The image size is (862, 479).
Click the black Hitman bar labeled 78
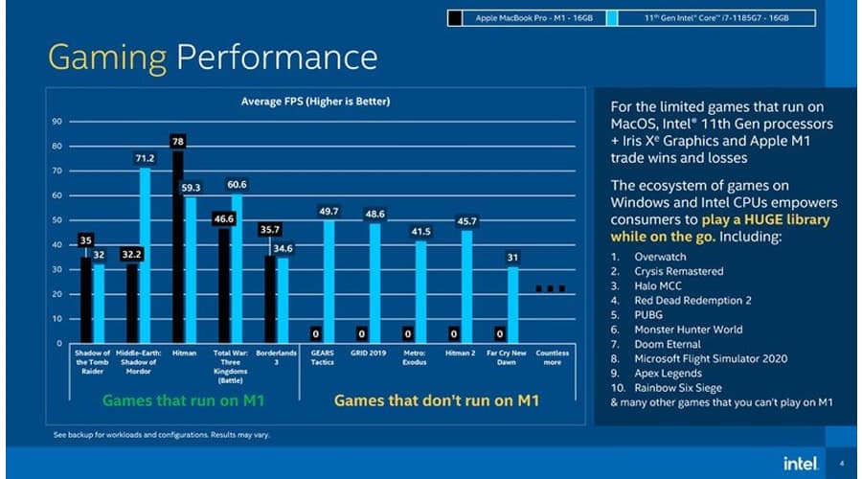(178, 246)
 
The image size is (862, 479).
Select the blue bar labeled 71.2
(145, 255)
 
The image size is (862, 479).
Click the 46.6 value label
(224, 219)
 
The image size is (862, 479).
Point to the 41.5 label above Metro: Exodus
(420, 232)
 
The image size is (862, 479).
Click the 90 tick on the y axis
(57, 122)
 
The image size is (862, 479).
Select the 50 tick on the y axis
(57, 220)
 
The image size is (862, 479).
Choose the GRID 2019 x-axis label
(369, 353)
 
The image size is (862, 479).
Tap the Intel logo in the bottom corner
(800, 463)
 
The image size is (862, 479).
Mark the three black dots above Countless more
(551, 287)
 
